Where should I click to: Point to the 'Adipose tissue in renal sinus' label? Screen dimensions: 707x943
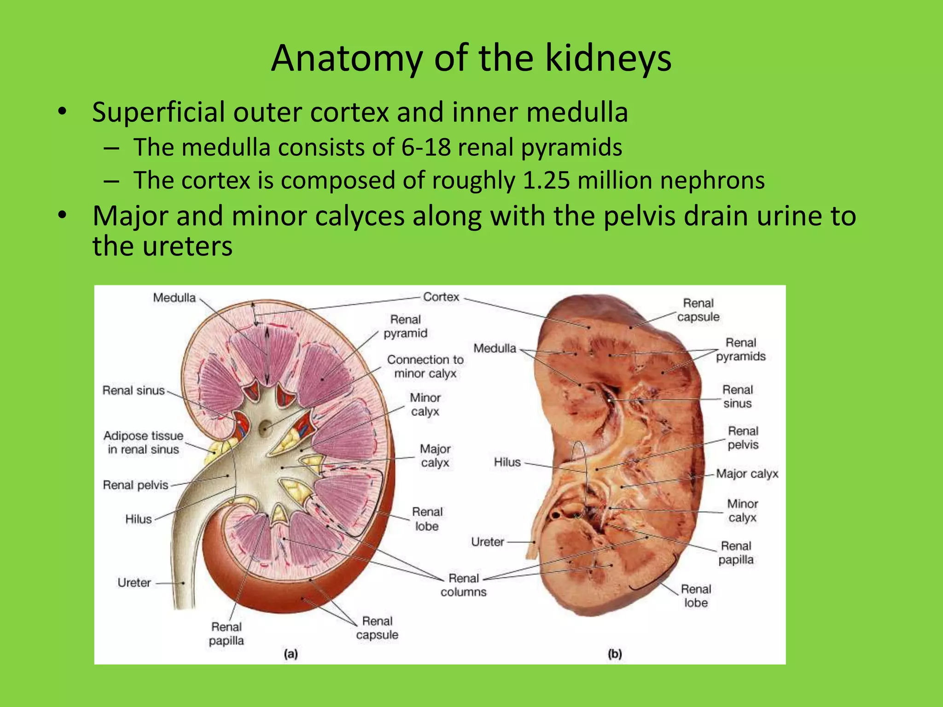143,442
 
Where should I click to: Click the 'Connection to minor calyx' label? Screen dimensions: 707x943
425,366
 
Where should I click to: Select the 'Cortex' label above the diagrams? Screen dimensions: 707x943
441,297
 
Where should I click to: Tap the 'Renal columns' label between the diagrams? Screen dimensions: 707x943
464,585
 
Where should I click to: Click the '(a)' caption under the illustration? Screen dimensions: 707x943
291,654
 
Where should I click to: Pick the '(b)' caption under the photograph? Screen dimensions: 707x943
615,654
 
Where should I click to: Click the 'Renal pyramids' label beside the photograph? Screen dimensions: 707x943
740,349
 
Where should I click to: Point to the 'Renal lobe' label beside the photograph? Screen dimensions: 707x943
696,596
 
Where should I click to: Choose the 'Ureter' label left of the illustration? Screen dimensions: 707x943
134,583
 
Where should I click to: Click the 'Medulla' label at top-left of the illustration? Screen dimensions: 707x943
174,298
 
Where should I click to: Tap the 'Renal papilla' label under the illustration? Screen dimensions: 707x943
226,633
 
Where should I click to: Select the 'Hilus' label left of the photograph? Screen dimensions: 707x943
507,462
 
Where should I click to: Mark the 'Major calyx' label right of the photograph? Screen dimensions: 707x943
747,474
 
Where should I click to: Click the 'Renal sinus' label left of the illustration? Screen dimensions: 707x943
134,390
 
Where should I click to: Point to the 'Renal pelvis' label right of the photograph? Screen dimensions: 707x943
743,438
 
